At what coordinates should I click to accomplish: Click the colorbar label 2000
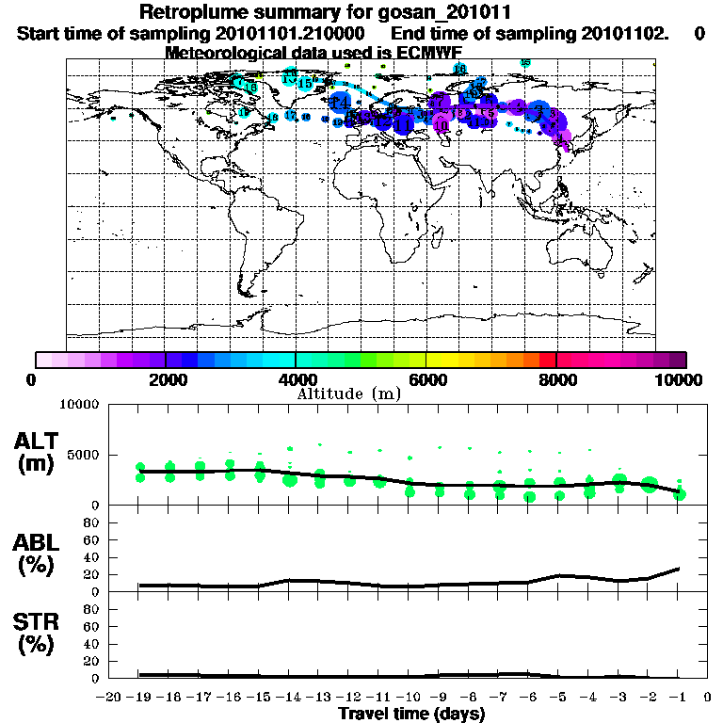click(x=166, y=379)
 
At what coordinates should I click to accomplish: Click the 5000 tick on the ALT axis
click(x=87, y=455)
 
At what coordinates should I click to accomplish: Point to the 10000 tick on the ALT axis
click(x=83, y=405)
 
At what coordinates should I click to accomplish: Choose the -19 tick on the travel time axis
click(x=138, y=698)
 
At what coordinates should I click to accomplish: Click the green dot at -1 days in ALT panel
click(x=680, y=494)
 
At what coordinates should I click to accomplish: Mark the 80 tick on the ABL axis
click(x=94, y=522)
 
